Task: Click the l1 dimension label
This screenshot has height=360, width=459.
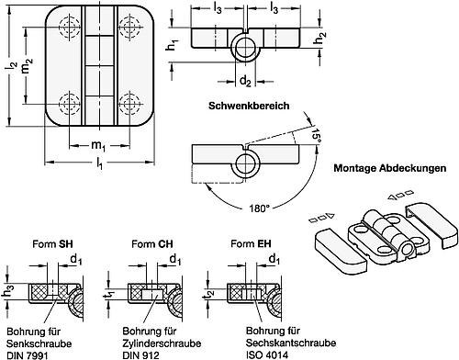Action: (98, 164)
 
